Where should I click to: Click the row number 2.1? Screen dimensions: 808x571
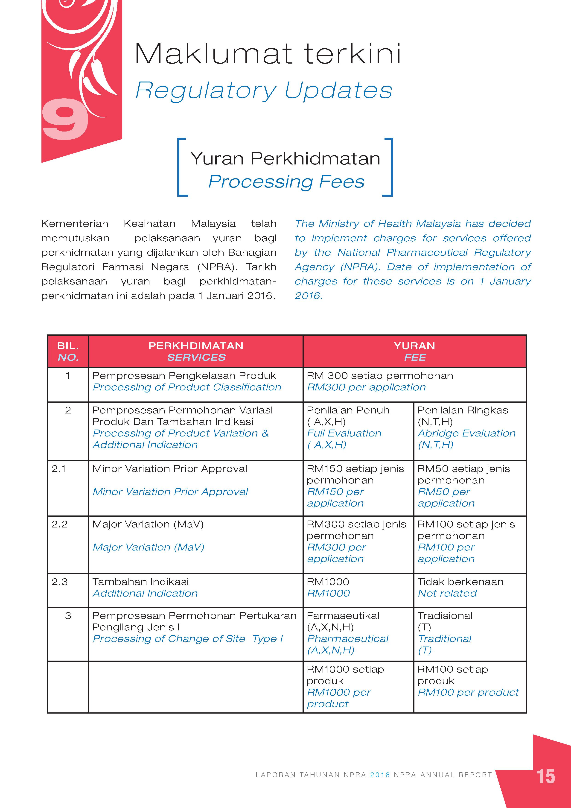point(59,469)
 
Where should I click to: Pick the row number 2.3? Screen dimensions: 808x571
point(59,582)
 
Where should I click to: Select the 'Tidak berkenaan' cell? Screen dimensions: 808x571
point(460,582)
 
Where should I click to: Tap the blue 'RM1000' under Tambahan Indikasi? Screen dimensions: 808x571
point(328,593)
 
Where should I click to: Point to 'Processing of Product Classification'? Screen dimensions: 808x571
point(187,387)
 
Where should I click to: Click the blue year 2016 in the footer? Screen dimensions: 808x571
point(380,775)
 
